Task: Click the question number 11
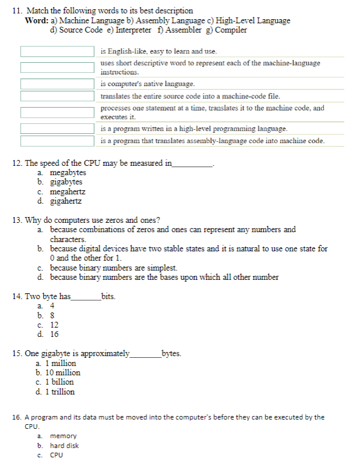16,11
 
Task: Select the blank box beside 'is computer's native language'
58,84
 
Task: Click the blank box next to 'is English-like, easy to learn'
58,51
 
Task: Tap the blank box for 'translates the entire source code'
58,96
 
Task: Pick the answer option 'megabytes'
67,173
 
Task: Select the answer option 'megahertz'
67,192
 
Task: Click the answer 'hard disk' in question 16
64,446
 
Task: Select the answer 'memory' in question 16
63,436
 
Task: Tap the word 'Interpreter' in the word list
133,30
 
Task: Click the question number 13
17,221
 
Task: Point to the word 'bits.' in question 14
108,297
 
